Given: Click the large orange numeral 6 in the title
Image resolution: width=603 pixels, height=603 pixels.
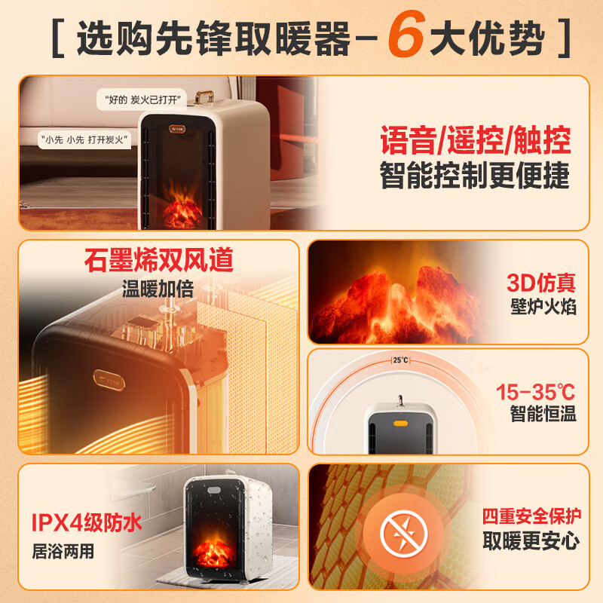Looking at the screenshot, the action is [x=406, y=34].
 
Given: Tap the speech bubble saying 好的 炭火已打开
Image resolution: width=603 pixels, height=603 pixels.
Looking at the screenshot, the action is [x=142, y=99].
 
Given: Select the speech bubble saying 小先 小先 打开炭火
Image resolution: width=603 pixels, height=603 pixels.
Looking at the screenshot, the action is [x=84, y=139].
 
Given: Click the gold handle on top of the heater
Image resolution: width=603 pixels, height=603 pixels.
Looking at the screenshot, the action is [x=204, y=97].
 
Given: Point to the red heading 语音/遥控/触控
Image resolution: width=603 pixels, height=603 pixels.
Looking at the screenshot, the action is [x=476, y=140].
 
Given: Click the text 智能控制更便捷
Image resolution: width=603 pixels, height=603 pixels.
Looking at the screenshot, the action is [x=475, y=176].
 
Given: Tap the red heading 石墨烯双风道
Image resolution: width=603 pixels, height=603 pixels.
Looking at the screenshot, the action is [x=159, y=260].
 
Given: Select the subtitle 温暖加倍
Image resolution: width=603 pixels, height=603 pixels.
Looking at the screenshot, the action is [x=158, y=289].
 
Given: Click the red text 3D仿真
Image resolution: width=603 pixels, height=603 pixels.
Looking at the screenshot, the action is [x=541, y=283].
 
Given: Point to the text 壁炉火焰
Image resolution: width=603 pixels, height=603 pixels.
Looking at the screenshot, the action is [x=543, y=307].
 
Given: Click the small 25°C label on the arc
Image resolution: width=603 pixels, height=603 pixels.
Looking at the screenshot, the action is [x=400, y=360].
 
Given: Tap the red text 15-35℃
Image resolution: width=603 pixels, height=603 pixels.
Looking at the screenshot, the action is [x=535, y=392].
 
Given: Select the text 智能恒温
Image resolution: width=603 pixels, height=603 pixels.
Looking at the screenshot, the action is [x=543, y=414].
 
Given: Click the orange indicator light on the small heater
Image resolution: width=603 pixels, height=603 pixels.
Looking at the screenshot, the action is [x=400, y=424].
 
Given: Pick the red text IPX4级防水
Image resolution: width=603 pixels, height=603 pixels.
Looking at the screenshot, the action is [x=87, y=522].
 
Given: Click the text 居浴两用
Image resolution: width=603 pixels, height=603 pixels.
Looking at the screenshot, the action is [x=63, y=551].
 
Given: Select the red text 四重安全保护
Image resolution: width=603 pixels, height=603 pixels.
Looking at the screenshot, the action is [x=531, y=516].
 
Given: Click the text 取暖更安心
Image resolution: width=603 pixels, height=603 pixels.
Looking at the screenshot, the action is [x=531, y=540].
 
